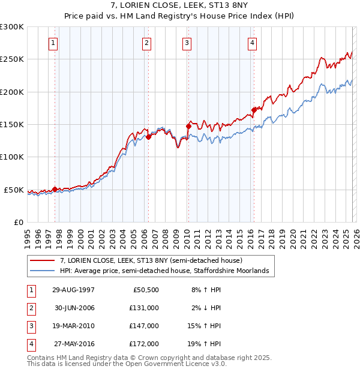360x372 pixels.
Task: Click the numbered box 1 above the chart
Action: click(55, 43)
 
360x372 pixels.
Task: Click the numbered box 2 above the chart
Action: click(147, 43)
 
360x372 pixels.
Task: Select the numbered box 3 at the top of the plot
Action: click(187, 43)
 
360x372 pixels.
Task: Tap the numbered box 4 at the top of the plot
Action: click(253, 43)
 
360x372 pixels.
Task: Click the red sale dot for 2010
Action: click(188, 127)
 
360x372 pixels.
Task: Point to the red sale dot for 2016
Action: click(254, 110)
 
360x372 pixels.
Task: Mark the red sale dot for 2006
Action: click(148, 137)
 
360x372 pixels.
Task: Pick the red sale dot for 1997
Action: click(55, 189)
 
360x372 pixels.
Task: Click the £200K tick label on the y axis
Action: click(12, 92)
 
